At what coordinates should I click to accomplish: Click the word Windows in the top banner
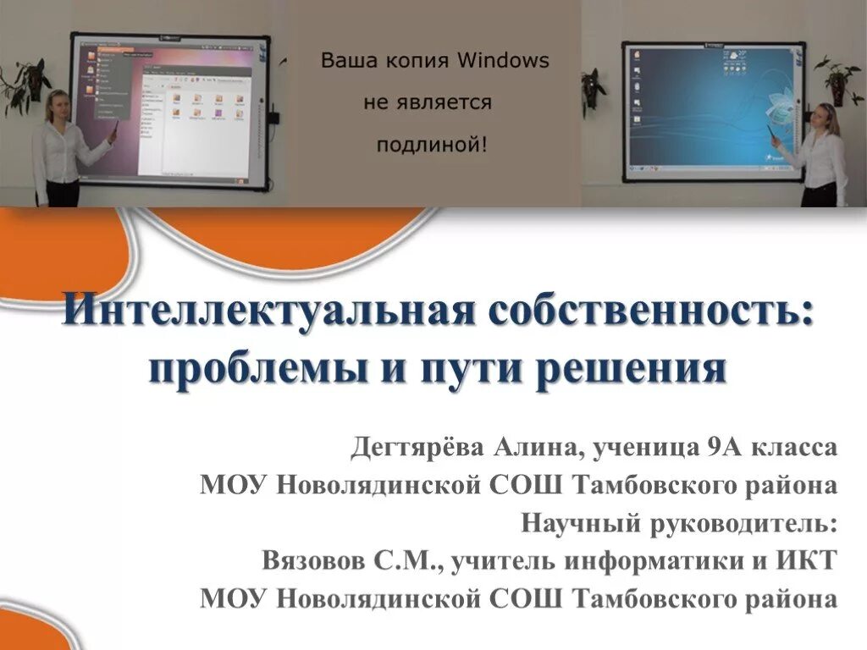pyautogui.click(x=503, y=61)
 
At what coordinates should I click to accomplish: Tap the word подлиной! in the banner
pyautogui.click(x=433, y=144)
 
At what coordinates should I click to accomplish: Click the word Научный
pyautogui.click(x=580, y=522)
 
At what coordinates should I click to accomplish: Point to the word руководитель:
pyautogui.click(x=744, y=522)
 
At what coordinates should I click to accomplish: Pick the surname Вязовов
pyautogui.click(x=318, y=560)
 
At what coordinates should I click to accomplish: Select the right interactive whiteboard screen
pyautogui.click(x=712, y=110)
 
